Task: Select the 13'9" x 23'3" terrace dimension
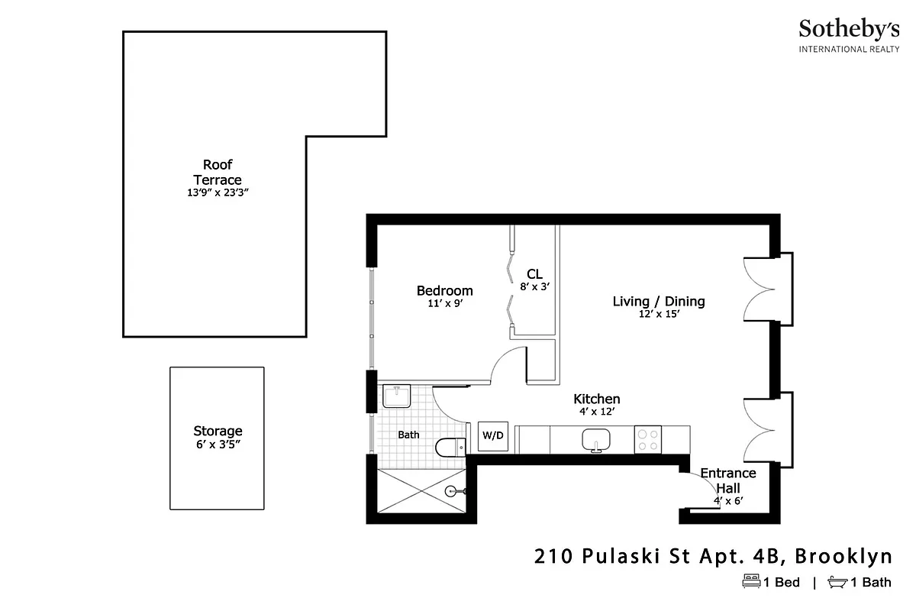tap(218, 193)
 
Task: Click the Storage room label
tap(218, 431)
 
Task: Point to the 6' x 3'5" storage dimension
tap(218, 445)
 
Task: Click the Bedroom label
tap(444, 290)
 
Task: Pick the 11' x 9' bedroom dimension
tap(444, 303)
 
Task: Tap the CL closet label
tap(534, 274)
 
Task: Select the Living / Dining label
tap(659, 301)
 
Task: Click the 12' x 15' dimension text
tap(659, 314)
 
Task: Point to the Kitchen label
tap(596, 399)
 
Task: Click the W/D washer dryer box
tap(492, 435)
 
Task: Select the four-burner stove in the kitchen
tap(647, 440)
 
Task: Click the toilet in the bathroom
tap(450, 446)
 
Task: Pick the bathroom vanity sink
tap(396, 396)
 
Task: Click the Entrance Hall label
tap(727, 480)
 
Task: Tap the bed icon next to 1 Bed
tap(752, 582)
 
